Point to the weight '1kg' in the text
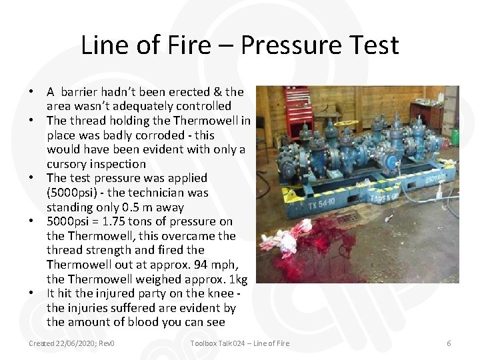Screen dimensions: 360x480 (x=238, y=279)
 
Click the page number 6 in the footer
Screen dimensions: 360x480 (x=449, y=343)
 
